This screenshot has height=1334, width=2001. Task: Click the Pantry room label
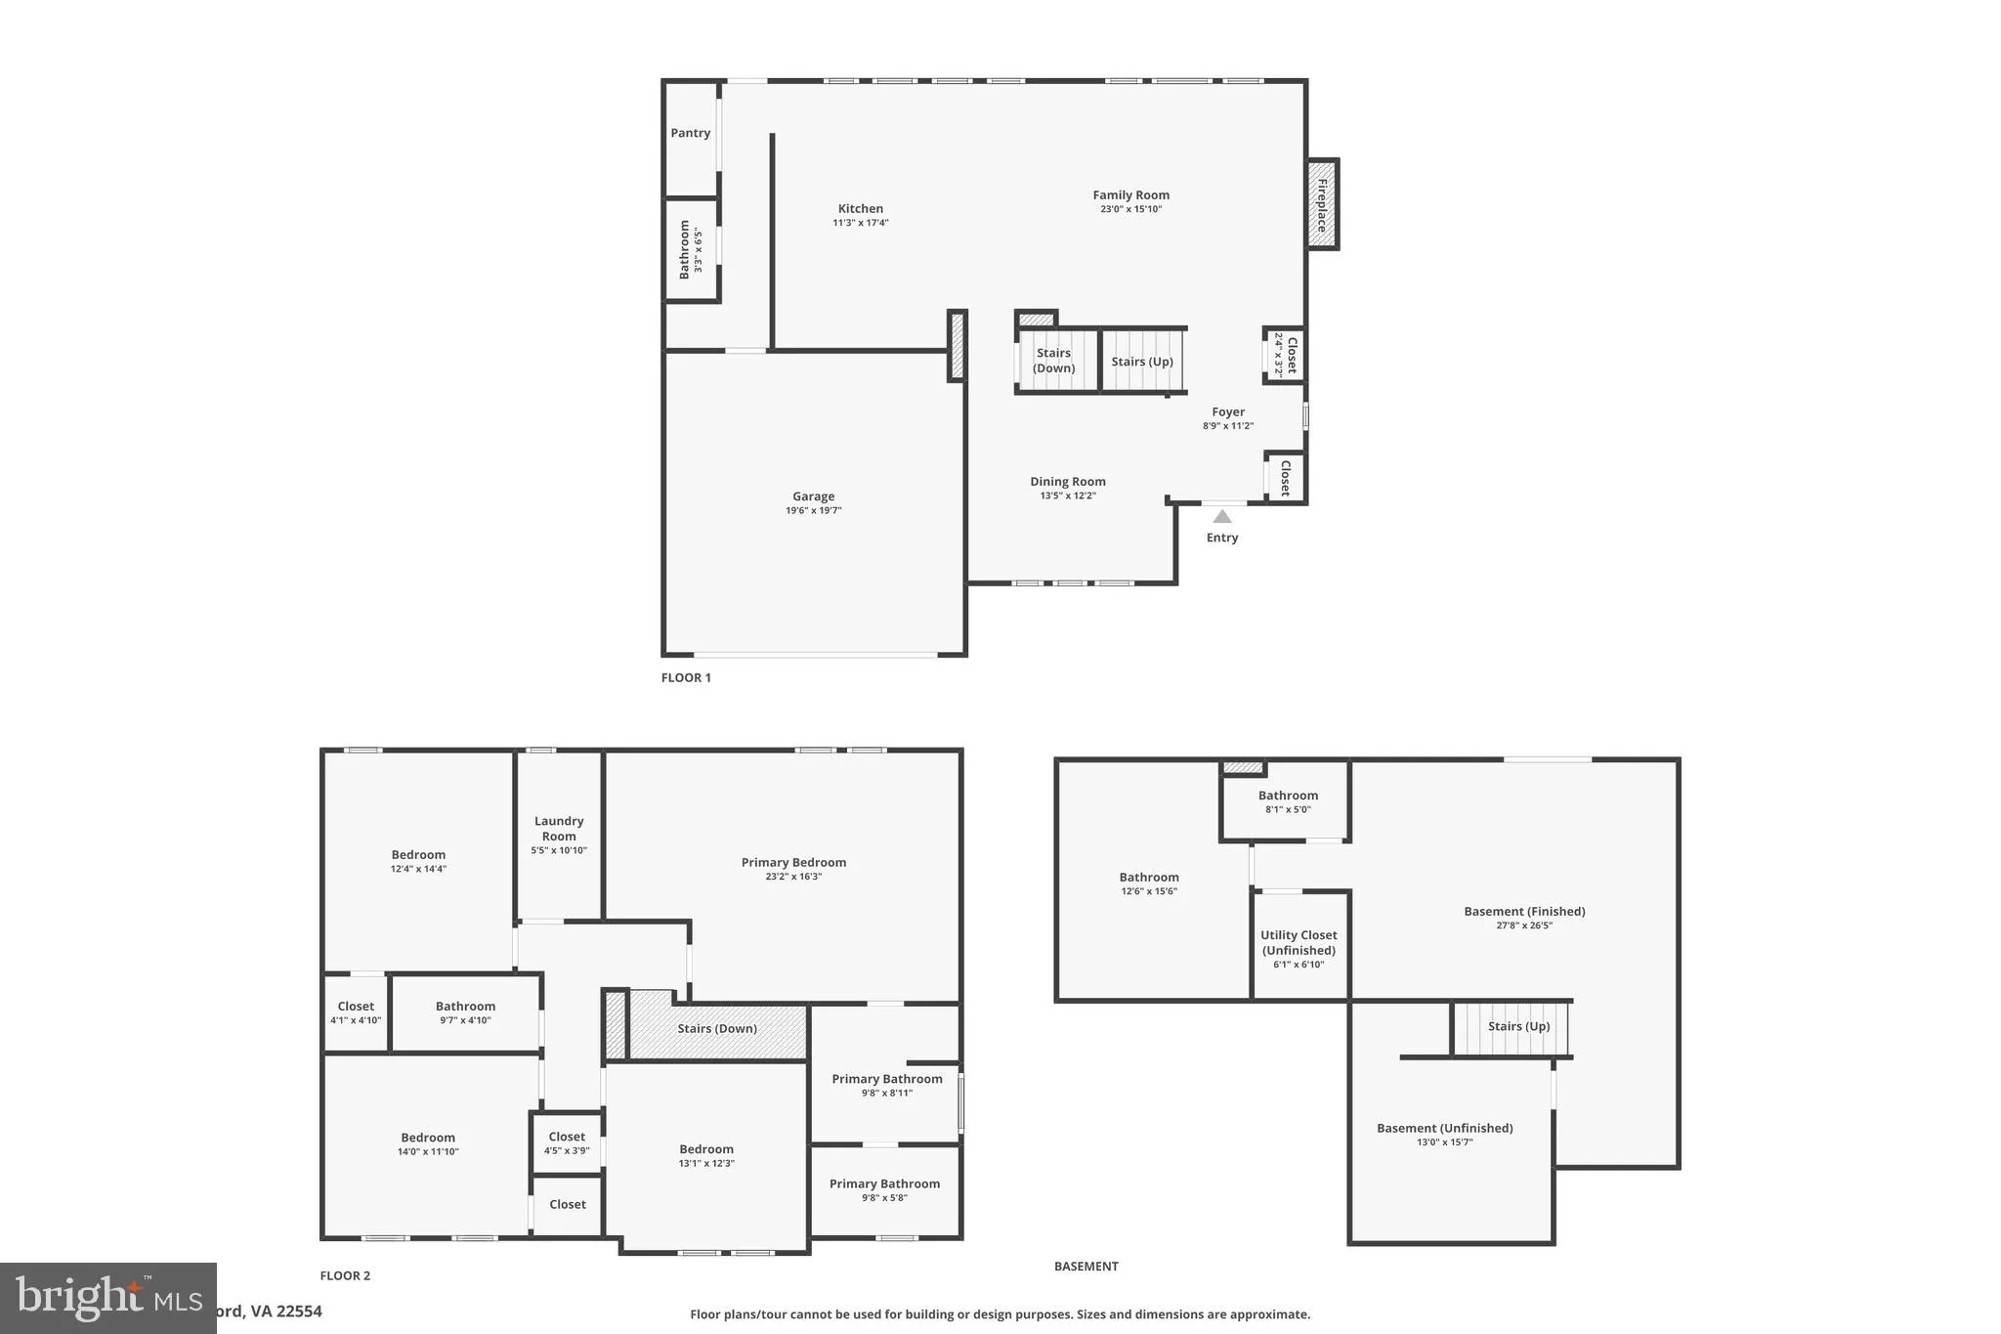(690, 133)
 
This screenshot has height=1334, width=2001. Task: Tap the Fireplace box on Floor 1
(1322, 204)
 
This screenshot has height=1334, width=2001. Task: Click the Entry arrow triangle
(1222, 517)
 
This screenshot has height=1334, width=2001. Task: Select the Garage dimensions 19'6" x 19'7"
(813, 510)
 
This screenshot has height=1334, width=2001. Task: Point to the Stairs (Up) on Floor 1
(1142, 362)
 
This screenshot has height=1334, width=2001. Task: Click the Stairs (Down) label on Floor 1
(1053, 361)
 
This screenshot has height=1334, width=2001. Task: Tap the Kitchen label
(860, 208)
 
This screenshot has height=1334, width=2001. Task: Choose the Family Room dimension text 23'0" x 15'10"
(1130, 209)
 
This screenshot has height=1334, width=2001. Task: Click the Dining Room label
(1067, 481)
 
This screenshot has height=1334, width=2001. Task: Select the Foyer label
(1227, 411)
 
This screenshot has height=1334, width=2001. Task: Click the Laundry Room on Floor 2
(559, 829)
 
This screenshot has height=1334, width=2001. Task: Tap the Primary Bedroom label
(793, 862)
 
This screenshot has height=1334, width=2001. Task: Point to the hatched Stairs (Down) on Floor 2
(717, 1028)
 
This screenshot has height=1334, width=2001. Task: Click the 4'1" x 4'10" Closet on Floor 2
(356, 1012)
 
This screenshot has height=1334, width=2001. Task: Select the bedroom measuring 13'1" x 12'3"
(706, 1155)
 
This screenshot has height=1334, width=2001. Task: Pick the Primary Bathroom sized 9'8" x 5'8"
(884, 1189)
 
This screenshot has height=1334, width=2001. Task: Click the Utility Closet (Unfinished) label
(1299, 942)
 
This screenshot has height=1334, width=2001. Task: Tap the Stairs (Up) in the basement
(1517, 1026)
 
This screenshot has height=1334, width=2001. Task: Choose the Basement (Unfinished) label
(1444, 1128)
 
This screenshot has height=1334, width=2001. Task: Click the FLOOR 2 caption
(345, 1275)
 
